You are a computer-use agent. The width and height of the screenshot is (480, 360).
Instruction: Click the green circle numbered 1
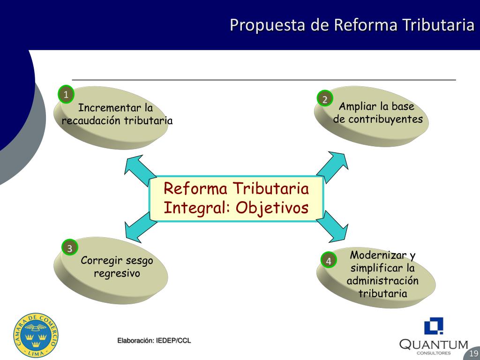pos(66,95)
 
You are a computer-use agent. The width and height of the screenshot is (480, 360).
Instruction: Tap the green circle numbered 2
pos(324,98)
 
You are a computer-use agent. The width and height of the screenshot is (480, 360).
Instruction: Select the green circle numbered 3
pos(69,248)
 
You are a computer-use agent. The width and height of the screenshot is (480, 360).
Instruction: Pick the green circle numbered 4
pos(329,261)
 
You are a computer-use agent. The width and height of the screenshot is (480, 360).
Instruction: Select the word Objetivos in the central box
pos(272,207)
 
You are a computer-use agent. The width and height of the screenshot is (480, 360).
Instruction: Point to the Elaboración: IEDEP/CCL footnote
pos(154,341)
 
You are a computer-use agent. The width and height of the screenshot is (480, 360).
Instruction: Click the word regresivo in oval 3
pos(117,273)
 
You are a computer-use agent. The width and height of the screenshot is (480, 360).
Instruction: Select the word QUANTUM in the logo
pos(434,345)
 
